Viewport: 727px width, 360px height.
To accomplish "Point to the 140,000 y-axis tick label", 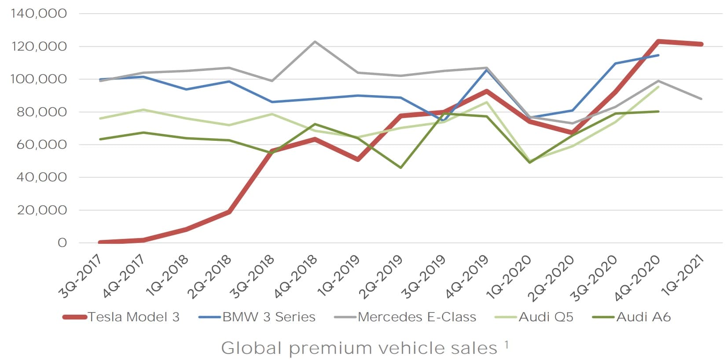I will pyautogui.click(x=39, y=14).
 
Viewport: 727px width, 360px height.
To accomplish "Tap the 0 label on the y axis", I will pyautogui.click(x=62, y=243).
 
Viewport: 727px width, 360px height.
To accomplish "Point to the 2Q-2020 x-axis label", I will pyautogui.click(x=554, y=277).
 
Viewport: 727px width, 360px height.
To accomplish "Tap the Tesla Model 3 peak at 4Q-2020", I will pyautogui.click(x=658, y=41).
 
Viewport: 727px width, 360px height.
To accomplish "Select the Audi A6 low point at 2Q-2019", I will pyautogui.click(x=400, y=168).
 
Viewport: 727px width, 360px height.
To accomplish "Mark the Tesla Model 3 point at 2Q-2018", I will pyautogui.click(x=229, y=212).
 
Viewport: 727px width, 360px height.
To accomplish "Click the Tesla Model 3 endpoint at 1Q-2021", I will pyautogui.click(x=701, y=44).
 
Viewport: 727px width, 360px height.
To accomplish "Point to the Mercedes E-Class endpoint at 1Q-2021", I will pyautogui.click(x=701, y=99).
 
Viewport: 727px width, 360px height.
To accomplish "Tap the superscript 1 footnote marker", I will pyautogui.click(x=507, y=345).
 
